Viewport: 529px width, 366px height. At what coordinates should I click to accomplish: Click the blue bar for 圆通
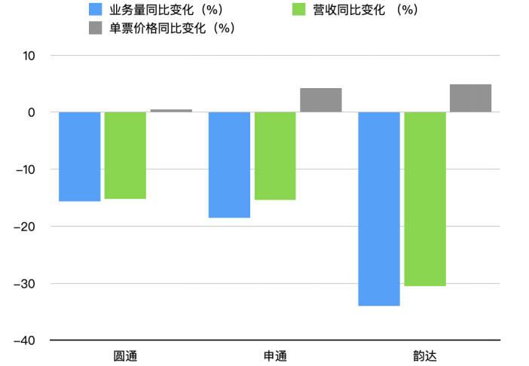[x=79, y=157]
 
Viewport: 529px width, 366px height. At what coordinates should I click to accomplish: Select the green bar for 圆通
[x=125, y=155]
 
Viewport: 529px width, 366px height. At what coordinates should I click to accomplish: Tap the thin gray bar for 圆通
[x=171, y=111]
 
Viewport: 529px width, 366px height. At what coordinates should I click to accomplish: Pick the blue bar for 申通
[x=229, y=165]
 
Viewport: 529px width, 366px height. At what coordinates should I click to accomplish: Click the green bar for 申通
[x=275, y=156]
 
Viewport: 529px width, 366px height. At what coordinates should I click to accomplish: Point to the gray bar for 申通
[x=321, y=100]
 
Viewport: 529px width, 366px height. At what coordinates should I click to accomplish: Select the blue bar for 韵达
[x=378, y=209]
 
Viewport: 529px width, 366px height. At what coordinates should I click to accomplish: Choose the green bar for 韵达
[x=425, y=199]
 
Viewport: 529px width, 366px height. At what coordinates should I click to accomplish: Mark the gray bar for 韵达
[x=470, y=98]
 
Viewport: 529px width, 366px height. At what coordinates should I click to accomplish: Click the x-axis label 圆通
[x=125, y=355]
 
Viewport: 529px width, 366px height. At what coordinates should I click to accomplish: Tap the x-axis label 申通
[x=275, y=355]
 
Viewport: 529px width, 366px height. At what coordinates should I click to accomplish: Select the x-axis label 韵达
[x=425, y=355]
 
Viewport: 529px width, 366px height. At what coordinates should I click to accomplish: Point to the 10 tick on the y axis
[x=29, y=56]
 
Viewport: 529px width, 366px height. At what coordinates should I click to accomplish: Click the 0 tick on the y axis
[x=32, y=112]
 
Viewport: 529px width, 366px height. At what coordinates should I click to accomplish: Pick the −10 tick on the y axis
[x=26, y=169]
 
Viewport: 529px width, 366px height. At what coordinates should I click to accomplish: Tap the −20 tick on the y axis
[x=26, y=227]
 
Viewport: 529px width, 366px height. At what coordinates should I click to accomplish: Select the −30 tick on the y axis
[x=26, y=284]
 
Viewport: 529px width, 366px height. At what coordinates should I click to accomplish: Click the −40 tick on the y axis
[x=26, y=340]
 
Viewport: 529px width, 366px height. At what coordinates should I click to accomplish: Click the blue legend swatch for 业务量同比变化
[x=96, y=10]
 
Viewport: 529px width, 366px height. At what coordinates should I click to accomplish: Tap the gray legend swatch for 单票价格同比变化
[x=96, y=28]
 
